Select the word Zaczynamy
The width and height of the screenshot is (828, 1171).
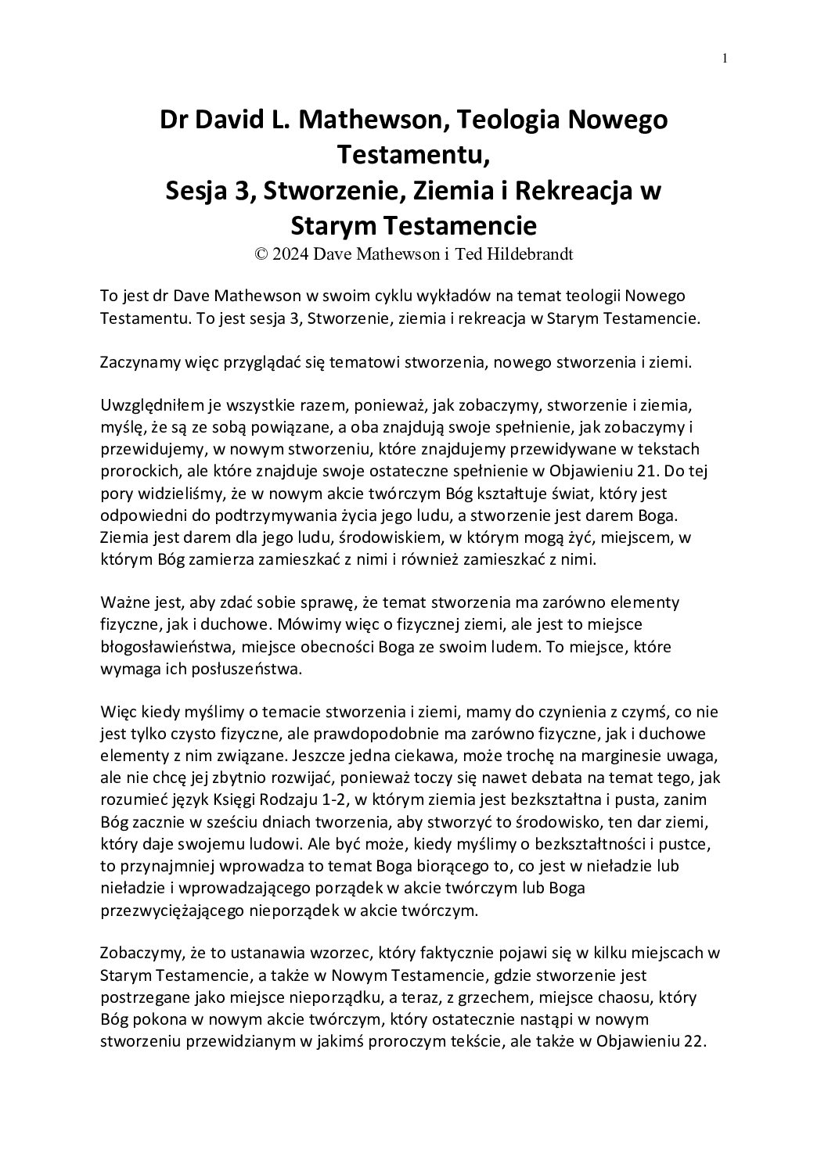point(137,362)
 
